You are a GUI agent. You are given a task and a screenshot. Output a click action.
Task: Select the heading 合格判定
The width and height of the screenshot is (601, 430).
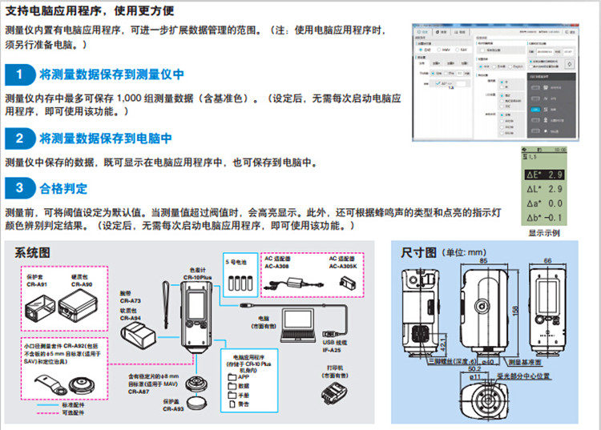point(63,189)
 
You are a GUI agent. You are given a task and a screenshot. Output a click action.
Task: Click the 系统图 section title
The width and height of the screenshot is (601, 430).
point(34,252)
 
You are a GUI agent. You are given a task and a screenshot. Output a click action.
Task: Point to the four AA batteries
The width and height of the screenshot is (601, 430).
point(240,282)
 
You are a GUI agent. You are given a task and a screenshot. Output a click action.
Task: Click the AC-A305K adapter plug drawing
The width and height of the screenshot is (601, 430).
point(347,283)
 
